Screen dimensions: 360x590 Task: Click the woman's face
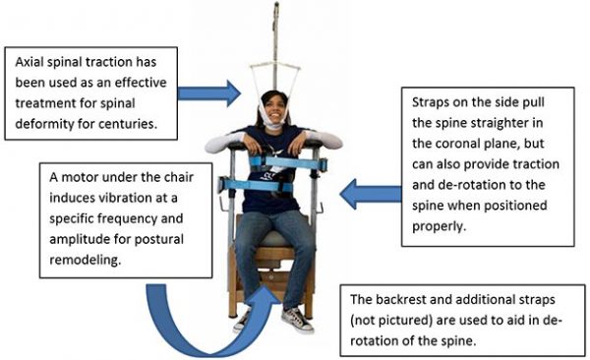click(x=274, y=107)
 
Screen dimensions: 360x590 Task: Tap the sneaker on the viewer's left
click(x=241, y=320)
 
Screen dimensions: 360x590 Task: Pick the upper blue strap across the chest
click(x=285, y=159)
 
